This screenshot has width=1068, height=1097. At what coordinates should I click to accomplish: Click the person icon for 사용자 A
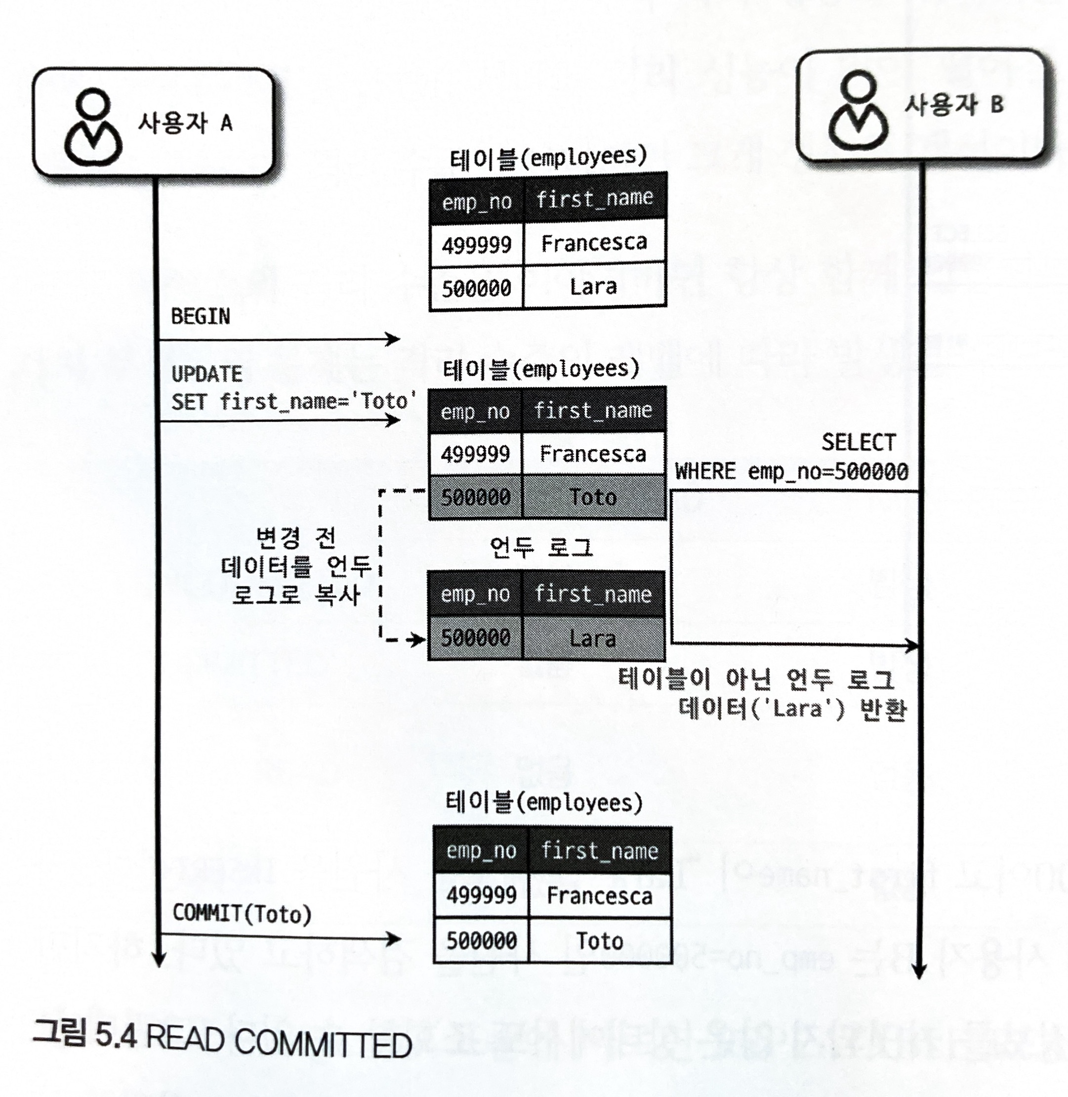click(93, 128)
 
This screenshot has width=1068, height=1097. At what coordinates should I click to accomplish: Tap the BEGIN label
click(200, 316)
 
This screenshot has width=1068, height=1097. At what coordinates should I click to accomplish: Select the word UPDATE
click(206, 374)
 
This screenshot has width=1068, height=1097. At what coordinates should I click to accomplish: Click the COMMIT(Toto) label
click(242, 914)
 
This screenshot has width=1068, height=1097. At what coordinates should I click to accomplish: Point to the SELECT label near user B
click(858, 443)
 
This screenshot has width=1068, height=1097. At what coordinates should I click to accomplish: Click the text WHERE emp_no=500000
click(791, 471)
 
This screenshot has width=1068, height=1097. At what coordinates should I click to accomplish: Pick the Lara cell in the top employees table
click(593, 287)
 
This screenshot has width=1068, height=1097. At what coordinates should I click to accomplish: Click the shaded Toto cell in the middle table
click(593, 497)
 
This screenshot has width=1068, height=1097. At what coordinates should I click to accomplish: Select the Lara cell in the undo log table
click(593, 638)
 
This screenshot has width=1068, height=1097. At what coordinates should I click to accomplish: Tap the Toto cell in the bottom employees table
click(599, 941)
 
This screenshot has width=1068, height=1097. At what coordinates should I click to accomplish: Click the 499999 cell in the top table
click(476, 245)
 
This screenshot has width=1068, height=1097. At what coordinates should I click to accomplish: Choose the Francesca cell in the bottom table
click(599, 895)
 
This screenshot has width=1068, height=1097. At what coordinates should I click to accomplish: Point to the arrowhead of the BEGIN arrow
click(394, 339)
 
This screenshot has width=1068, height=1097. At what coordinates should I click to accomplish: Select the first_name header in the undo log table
click(593, 593)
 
